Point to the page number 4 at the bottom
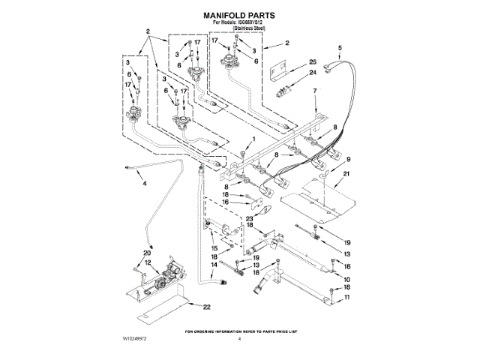239,340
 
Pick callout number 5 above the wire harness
315,91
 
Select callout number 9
347,159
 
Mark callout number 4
145,184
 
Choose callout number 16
225,202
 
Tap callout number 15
214,248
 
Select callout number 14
214,265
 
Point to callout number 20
147,253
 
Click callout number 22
206,307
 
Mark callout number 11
346,298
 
